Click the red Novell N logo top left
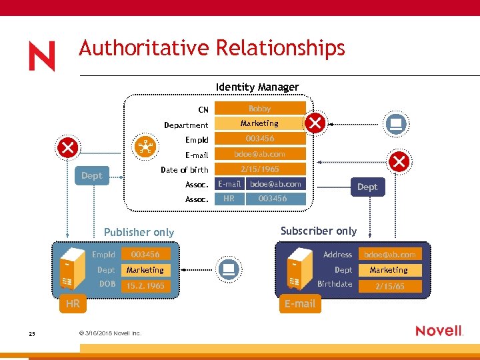pyautogui.click(x=42, y=56)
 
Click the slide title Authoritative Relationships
pyautogui.click(x=212, y=48)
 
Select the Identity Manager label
pyautogui.click(x=257, y=87)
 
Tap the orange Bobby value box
pyautogui.click(x=259, y=108)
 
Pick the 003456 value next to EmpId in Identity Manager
pyautogui.click(x=259, y=139)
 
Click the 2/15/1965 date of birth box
pyautogui.click(x=259, y=169)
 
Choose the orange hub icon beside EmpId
pyautogui.click(x=145, y=147)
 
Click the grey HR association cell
pyautogui.click(x=229, y=199)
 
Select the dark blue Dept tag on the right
pyautogui.click(x=367, y=187)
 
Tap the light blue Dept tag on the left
pyautogui.click(x=91, y=175)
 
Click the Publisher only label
pyautogui.click(x=139, y=232)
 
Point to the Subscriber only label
pyautogui.click(x=318, y=231)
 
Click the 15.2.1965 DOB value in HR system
pyautogui.click(x=145, y=285)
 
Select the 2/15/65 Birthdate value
pyautogui.click(x=389, y=286)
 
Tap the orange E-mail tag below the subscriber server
pyautogui.click(x=299, y=303)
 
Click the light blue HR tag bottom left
pyautogui.click(x=73, y=303)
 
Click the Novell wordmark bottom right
pyautogui.click(x=439, y=331)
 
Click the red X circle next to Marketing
pyautogui.click(x=315, y=123)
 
